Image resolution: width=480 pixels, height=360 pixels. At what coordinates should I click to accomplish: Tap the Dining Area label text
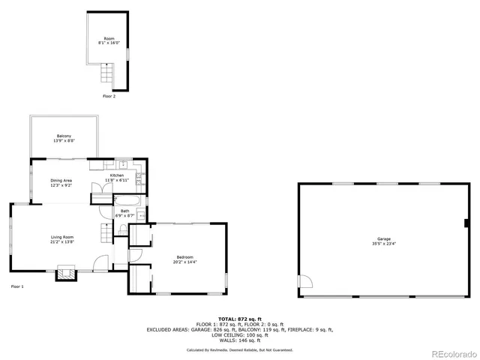(x=61, y=183)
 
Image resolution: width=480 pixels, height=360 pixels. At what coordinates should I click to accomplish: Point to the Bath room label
(x=124, y=214)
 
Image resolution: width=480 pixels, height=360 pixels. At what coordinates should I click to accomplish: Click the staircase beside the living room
(x=105, y=232)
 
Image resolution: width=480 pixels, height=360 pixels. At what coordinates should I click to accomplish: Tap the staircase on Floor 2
(x=106, y=76)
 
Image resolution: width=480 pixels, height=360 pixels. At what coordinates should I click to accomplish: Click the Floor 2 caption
(x=109, y=96)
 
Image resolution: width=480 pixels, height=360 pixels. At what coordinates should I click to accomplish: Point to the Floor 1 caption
(x=17, y=286)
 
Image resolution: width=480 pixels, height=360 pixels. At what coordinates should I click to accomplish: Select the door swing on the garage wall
(x=304, y=282)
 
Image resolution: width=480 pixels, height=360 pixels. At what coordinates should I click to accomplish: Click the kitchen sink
(x=124, y=165)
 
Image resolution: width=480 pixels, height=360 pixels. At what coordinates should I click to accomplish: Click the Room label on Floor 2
(x=109, y=40)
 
